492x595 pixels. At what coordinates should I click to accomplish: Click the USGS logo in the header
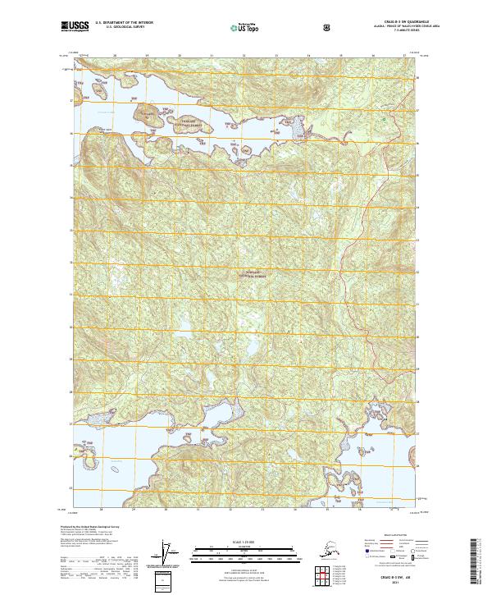75,26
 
